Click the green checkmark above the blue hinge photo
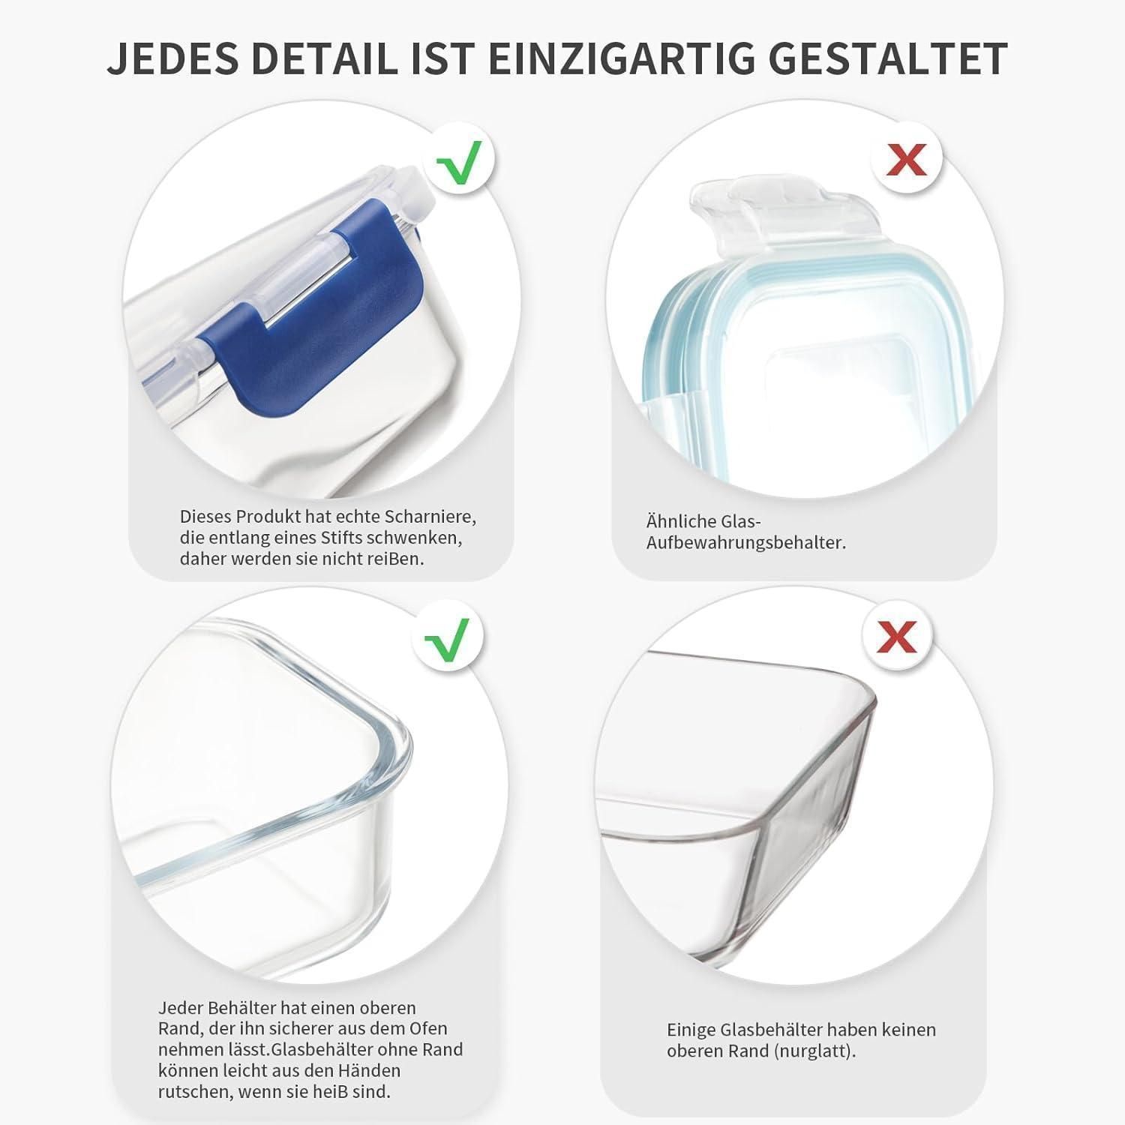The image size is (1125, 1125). click(x=459, y=157)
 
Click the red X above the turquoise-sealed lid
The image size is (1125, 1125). click(x=906, y=159)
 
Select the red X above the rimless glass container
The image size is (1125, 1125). click(x=898, y=637)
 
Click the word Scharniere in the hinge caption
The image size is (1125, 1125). click(x=431, y=517)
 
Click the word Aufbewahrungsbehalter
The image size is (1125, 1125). click(x=746, y=542)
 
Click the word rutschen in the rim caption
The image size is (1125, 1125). click(x=194, y=1092)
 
